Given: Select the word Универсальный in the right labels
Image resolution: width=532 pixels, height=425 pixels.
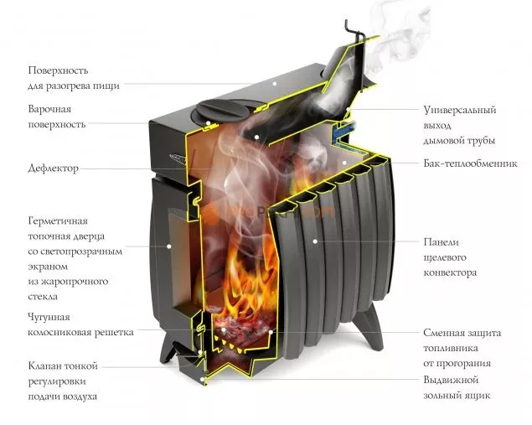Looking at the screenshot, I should point(460,110).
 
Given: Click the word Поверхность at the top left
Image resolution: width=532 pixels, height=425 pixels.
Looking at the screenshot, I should point(58,70).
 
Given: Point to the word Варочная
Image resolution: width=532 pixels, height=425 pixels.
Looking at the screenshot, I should point(49,110).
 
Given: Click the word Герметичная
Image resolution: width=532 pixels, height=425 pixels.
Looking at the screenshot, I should point(59,220).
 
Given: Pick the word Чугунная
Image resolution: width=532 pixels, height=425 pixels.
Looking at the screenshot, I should point(49,318).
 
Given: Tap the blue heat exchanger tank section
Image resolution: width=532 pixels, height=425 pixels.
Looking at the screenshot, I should point(342,129).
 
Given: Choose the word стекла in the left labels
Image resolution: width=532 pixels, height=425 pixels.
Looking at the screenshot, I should point(47,296).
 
